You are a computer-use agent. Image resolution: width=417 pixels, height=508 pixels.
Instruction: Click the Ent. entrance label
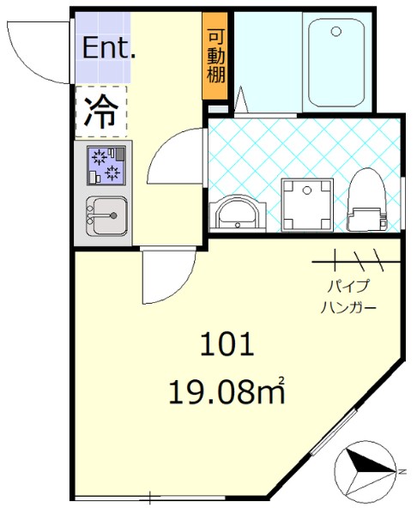coord(108,48)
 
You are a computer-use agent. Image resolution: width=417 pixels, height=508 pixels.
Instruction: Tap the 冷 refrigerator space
coord(101,112)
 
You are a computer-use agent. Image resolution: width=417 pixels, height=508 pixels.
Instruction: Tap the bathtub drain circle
coord(335,33)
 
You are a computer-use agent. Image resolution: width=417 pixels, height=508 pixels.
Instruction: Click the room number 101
coord(227,346)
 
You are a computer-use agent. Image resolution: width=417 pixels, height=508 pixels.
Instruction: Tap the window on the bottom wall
coord(117,497)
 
